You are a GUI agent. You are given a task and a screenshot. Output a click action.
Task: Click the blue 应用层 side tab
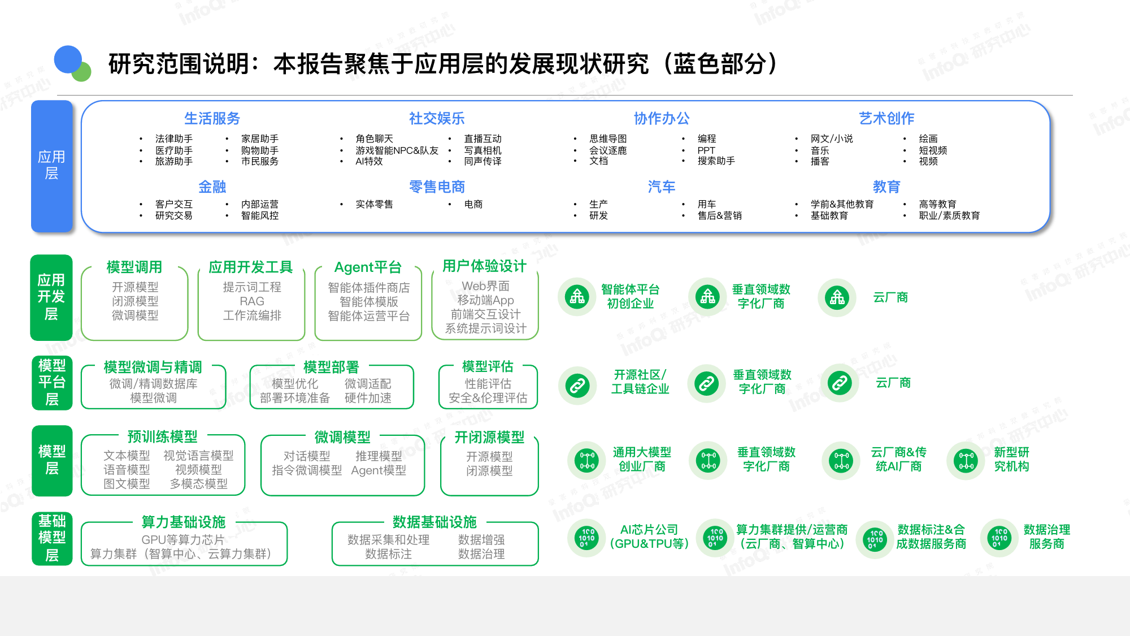(x=51, y=166)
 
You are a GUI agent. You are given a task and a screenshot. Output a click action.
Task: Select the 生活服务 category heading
(x=212, y=119)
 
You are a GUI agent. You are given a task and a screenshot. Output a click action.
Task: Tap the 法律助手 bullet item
(x=174, y=139)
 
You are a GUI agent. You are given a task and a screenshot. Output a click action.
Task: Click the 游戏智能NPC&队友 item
(x=397, y=150)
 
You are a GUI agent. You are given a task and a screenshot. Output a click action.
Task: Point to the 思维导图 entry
(x=608, y=139)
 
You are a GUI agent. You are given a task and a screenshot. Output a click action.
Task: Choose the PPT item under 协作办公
(x=706, y=150)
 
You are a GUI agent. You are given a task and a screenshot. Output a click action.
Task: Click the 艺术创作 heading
(x=886, y=119)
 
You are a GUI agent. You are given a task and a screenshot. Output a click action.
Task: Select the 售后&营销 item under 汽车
(x=720, y=215)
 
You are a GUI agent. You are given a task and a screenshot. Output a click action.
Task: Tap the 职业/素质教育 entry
(x=949, y=215)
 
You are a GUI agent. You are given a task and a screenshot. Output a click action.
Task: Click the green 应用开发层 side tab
(x=51, y=297)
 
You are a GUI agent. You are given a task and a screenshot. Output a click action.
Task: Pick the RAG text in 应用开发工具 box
(x=252, y=301)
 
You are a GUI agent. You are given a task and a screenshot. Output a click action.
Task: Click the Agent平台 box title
(x=368, y=267)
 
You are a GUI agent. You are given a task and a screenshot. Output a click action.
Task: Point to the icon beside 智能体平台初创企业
(x=577, y=297)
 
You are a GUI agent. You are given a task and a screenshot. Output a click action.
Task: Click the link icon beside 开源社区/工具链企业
(x=577, y=386)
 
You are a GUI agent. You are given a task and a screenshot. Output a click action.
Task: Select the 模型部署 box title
(x=331, y=367)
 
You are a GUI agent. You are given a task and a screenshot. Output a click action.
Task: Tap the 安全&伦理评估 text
(x=488, y=398)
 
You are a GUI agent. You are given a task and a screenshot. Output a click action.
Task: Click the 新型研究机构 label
(x=1011, y=459)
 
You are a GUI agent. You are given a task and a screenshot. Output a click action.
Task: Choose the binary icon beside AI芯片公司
(x=587, y=538)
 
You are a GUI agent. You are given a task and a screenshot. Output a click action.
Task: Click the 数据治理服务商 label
(x=1047, y=537)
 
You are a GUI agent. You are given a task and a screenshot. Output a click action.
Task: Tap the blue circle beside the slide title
(x=68, y=59)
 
